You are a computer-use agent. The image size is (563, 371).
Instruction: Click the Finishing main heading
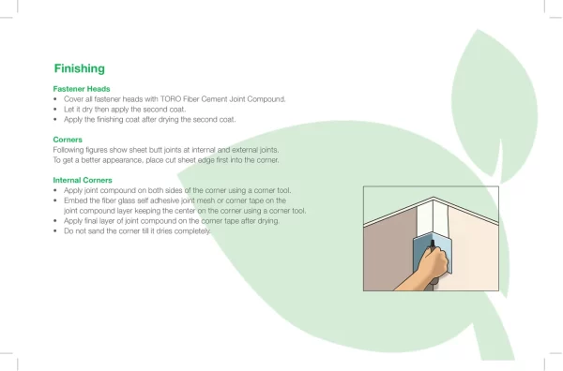coord(80,68)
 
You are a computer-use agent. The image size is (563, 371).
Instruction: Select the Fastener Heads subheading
coord(82,89)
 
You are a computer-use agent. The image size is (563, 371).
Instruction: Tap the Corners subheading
coord(68,140)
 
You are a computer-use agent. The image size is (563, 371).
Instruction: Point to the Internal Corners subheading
coord(83,180)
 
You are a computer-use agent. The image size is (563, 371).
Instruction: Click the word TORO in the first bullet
coord(171,99)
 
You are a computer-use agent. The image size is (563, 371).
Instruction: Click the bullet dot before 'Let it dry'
coord(55,110)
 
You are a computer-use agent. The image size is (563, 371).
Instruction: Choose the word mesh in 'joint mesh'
coord(206,200)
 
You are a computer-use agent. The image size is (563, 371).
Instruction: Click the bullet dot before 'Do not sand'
coord(55,231)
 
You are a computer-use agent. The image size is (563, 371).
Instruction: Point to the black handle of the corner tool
coord(433,245)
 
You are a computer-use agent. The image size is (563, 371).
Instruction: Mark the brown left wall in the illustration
coord(388,255)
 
